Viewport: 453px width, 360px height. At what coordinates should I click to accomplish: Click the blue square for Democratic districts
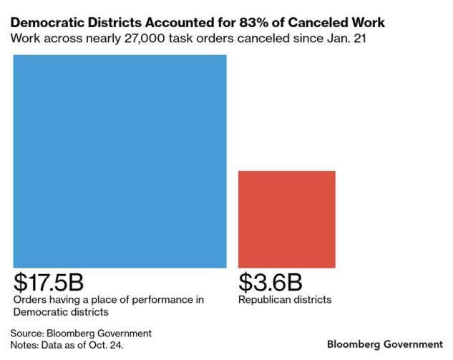120,160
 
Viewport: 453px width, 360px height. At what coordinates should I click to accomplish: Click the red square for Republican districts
286,219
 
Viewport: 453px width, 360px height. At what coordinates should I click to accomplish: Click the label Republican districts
285,299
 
